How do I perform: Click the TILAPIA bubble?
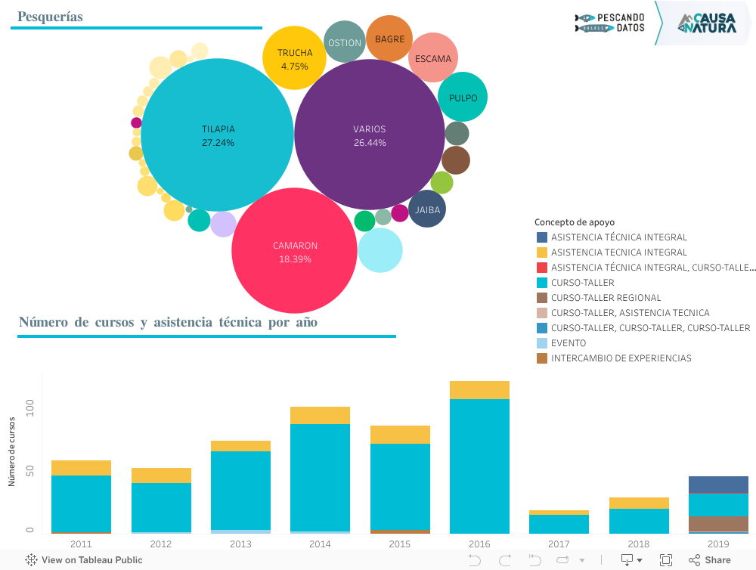click(x=217, y=135)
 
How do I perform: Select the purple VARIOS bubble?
click(x=369, y=135)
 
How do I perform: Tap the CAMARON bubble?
click(x=294, y=251)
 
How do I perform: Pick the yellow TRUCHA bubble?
click(x=294, y=58)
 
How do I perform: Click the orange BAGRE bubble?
click(x=389, y=39)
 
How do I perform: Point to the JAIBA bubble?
click(x=427, y=210)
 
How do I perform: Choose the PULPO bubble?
click(x=463, y=98)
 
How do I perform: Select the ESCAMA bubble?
click(x=433, y=58)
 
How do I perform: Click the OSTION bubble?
click(x=345, y=42)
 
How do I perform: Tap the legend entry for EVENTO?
click(x=569, y=343)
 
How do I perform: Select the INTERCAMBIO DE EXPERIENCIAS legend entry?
click(x=621, y=358)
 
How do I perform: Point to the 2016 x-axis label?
click(x=479, y=544)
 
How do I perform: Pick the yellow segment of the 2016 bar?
click(x=479, y=390)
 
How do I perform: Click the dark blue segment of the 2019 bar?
click(x=718, y=485)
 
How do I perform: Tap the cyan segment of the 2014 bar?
click(x=320, y=477)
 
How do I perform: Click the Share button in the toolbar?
click(x=709, y=560)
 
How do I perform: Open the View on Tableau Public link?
click(x=84, y=560)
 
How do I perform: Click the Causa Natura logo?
click(x=707, y=23)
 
